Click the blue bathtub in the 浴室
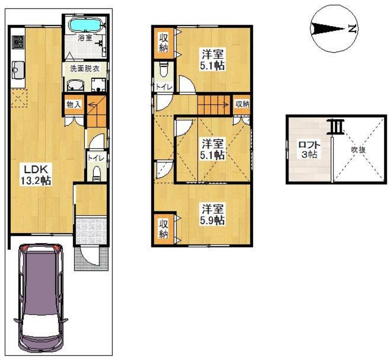click(86, 25)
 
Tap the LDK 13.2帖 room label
click(36, 176)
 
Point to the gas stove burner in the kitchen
click(18, 42)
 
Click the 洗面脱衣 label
click(85, 68)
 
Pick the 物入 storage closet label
click(73, 105)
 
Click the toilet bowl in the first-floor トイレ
click(96, 174)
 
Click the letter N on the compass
click(352, 28)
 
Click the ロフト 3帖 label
click(309, 149)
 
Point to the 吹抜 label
click(358, 150)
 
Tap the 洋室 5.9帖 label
click(213, 215)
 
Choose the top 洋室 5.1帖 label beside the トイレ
click(213, 59)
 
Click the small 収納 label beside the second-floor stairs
click(242, 104)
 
